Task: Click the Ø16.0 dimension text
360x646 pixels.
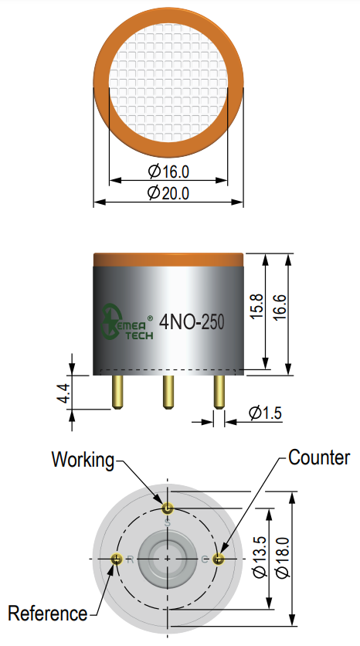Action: coord(168,172)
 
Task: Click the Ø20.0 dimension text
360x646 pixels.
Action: coord(168,193)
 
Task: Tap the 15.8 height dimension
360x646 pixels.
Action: coord(256,306)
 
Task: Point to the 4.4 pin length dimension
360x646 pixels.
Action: coord(64,393)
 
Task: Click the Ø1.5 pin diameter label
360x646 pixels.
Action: coord(266,413)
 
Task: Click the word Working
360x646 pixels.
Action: coord(83,460)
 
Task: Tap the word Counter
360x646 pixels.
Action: coord(319,457)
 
